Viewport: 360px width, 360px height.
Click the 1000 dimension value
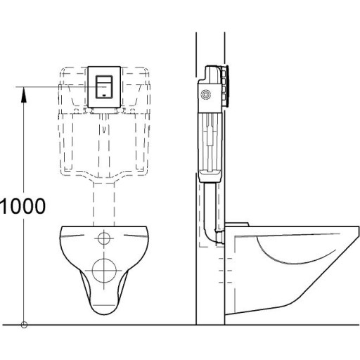point(23,206)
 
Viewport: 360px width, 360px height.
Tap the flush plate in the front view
point(104,86)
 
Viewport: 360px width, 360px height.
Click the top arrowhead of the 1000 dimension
point(25,89)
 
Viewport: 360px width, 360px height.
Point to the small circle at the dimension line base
point(25,324)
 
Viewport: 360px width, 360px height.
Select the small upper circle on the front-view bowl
point(104,238)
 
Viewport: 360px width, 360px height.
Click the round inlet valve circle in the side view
point(206,94)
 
